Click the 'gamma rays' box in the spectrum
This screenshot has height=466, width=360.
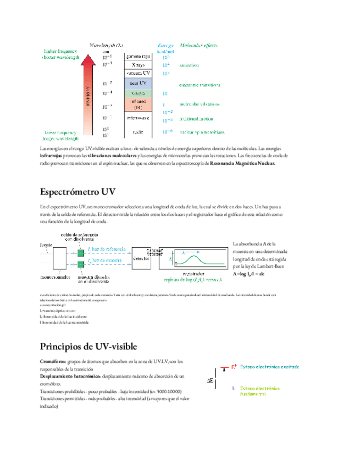click(x=138, y=56)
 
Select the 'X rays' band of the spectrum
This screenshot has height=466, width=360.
click(x=138, y=65)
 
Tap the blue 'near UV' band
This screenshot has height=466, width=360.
click(x=138, y=83)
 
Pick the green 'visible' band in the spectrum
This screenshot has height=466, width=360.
click(x=138, y=93)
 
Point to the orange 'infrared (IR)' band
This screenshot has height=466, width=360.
click(x=138, y=104)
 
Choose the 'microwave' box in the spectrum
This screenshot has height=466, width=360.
click(x=138, y=118)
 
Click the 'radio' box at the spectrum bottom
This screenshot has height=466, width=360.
click(x=138, y=132)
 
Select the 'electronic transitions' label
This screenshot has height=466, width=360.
click(x=200, y=85)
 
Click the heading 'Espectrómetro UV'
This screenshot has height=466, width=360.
click(x=77, y=192)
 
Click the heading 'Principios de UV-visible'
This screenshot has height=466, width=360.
click(x=88, y=346)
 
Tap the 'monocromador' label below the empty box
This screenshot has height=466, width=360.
click(x=56, y=277)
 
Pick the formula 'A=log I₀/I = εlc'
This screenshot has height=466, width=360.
click(x=249, y=273)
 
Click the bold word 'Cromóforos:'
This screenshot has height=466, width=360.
click(x=53, y=362)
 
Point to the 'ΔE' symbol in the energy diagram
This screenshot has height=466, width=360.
click(x=211, y=380)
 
